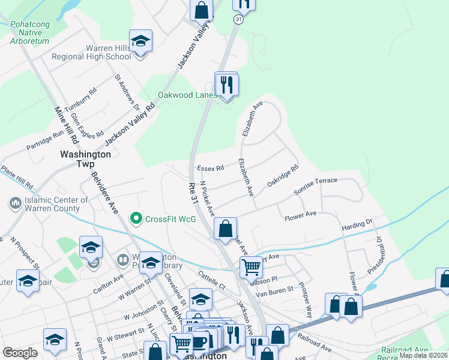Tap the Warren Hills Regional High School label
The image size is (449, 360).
tap(91, 52)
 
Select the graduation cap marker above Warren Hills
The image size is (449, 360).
tap(140, 41)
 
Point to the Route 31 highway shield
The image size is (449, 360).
tap(238, 20)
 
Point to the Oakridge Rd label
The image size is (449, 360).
tap(283, 176)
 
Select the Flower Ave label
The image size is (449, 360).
tap(300, 214)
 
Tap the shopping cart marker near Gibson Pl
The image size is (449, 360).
tap(251, 267)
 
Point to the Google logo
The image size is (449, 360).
tap(20, 353)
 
